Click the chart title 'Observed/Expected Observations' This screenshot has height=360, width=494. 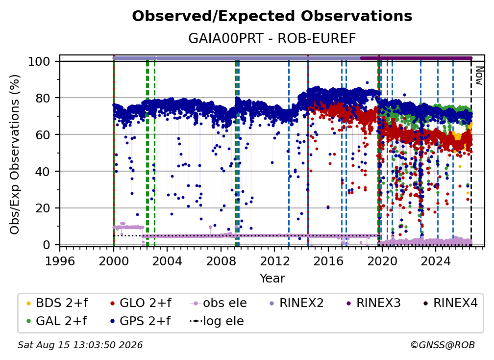(272, 16)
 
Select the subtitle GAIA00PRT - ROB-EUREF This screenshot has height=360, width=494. (272, 38)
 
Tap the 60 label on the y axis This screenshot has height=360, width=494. (43, 134)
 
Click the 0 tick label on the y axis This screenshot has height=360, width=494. (47, 245)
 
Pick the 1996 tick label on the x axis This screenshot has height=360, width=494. (60, 261)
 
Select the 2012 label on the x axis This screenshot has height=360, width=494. (274, 261)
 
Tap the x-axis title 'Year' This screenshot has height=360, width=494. (272, 279)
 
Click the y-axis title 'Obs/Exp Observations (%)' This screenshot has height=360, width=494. (15, 154)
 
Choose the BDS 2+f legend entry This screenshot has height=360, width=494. (57, 303)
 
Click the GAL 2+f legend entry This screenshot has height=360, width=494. (56, 321)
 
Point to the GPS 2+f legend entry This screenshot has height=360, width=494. (140, 321)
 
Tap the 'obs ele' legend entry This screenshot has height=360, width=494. (219, 303)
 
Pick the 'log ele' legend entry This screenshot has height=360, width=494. (217, 321)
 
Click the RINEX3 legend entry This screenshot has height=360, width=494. (373, 303)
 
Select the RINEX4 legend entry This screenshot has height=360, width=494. (450, 303)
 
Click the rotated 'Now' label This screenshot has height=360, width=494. (479, 76)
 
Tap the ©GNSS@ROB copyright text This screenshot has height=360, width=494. (443, 345)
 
